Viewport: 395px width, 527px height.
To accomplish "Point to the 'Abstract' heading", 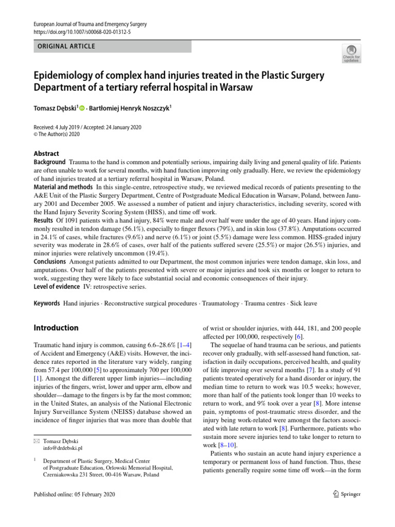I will click(46, 153).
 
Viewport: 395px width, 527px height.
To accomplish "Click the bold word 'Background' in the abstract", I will click(50, 162).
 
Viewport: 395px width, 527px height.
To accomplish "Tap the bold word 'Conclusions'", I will click(50, 261).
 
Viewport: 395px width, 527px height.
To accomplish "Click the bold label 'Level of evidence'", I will click(57, 287).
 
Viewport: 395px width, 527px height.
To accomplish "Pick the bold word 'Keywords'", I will click(47, 304).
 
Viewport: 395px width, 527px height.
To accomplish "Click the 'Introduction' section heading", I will click(56, 328).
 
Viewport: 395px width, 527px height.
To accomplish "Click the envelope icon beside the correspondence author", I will click(36, 441).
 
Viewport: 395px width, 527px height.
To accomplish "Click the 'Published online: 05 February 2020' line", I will click(75, 495).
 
